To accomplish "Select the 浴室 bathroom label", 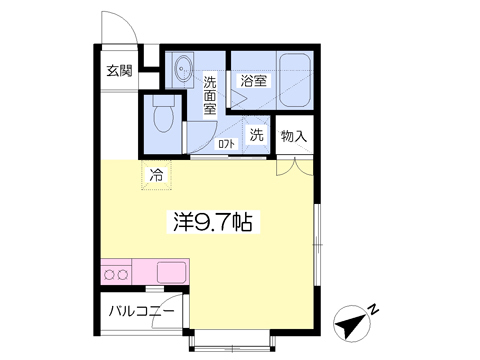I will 252,81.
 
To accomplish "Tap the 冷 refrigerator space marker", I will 155,175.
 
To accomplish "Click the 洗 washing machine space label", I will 256,135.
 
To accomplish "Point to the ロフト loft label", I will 227,144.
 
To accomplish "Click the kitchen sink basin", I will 171,272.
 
